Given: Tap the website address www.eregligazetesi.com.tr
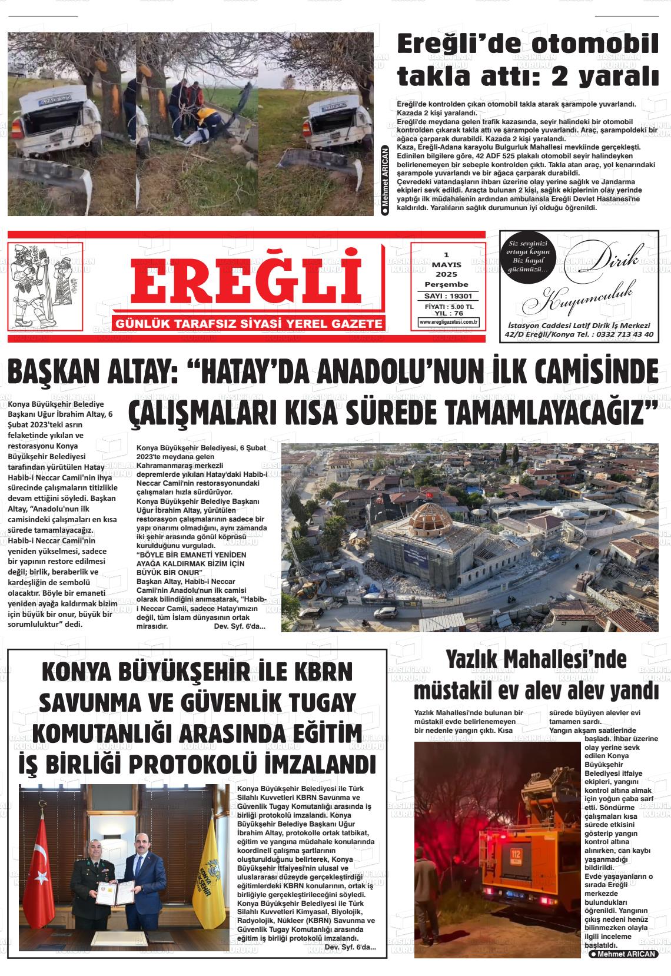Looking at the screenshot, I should [449, 322].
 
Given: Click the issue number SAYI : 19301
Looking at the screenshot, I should [449, 296].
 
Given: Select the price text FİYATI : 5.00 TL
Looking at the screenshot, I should [449, 307].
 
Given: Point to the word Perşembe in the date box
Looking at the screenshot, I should [446, 284].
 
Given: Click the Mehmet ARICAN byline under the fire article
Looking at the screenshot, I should [623, 954].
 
